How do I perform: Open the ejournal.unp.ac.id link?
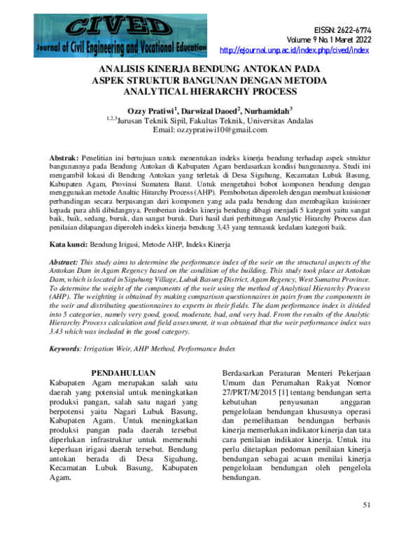click(x=294, y=50)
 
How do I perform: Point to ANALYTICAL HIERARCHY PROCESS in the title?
click(x=210, y=91)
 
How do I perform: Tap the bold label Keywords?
click(x=69, y=348)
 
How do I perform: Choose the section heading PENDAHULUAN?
click(x=123, y=372)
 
